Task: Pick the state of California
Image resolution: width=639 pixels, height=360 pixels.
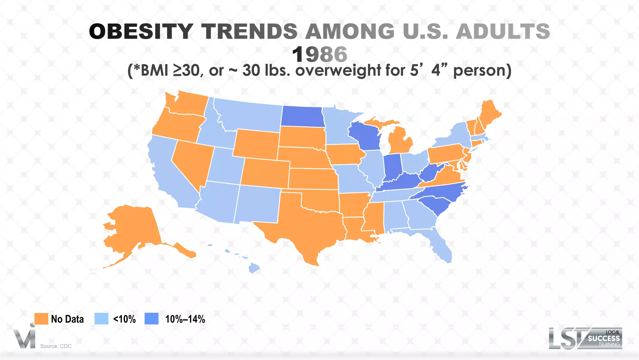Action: coord(165,175)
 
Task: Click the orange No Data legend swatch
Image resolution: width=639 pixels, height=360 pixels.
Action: coord(41,319)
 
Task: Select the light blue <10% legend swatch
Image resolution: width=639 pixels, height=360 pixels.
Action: coord(101,319)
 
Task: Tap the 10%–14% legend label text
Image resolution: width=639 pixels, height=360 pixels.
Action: coord(185,319)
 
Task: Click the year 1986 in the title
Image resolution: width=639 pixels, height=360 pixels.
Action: coord(319,54)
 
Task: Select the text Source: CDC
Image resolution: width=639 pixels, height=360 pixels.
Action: coord(56,346)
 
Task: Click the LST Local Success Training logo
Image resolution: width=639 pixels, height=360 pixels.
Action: coord(585,338)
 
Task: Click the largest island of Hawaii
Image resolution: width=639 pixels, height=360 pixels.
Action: coord(255,268)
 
